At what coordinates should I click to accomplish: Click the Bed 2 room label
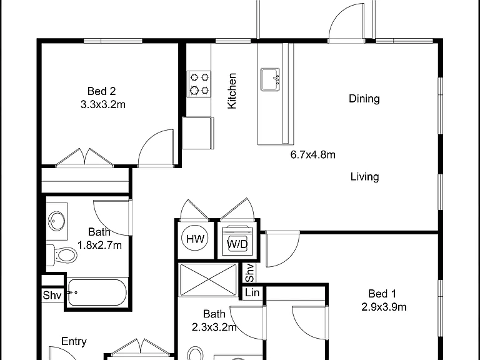point(101,91)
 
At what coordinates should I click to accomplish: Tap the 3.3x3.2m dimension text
point(103,105)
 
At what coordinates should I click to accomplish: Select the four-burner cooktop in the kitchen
point(199,84)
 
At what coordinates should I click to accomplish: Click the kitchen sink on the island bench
point(270,79)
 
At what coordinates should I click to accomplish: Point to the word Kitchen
point(232,91)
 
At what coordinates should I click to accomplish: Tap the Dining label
point(364,99)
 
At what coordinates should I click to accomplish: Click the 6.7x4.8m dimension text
point(313,154)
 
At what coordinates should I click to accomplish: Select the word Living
point(364,177)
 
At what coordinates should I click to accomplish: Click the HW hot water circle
point(195,239)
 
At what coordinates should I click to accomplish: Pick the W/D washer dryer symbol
point(237,240)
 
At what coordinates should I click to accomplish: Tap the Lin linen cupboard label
point(252,292)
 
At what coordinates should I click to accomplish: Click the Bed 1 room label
point(382,294)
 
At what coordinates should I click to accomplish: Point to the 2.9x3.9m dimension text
point(384,307)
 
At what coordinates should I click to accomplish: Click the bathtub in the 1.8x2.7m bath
point(97,293)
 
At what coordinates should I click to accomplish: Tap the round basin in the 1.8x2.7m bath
point(57,220)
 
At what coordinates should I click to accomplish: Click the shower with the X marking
point(208,280)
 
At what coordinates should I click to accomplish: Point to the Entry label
point(74,341)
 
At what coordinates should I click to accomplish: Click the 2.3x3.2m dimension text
point(214,327)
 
